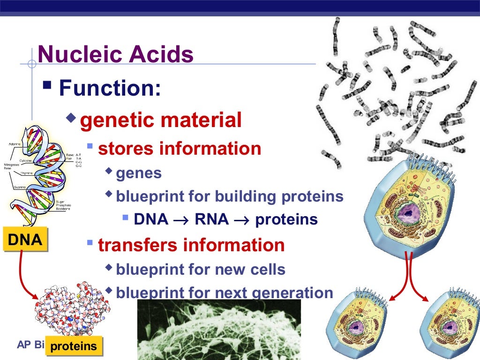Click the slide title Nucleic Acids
[115, 55]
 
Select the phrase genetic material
[161, 120]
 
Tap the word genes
[139, 173]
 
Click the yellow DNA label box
[25, 240]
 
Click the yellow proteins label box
[74, 346]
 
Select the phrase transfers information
[191, 245]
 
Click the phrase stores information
[180, 149]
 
